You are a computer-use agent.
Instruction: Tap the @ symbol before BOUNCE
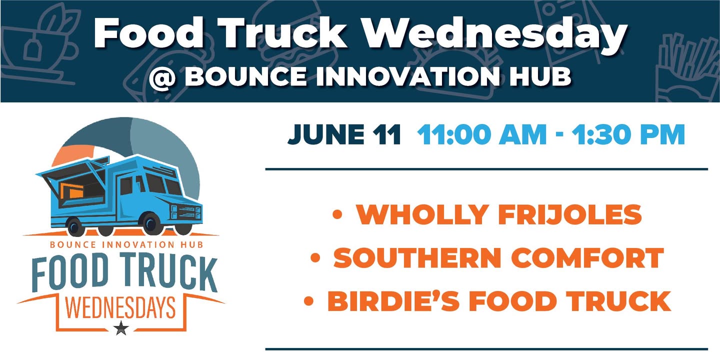(x=162, y=78)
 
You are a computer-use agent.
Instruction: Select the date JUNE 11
(x=344, y=134)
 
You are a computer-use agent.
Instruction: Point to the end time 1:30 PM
(x=628, y=134)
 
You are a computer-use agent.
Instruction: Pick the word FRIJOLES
(x=570, y=214)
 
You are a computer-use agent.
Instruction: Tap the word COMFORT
(x=587, y=257)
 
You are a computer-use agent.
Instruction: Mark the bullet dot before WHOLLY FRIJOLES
(x=337, y=214)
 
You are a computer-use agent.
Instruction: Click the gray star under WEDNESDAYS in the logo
(x=121, y=328)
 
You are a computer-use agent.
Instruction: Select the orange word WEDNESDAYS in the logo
(x=121, y=307)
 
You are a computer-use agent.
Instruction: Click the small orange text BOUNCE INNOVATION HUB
(x=126, y=244)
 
